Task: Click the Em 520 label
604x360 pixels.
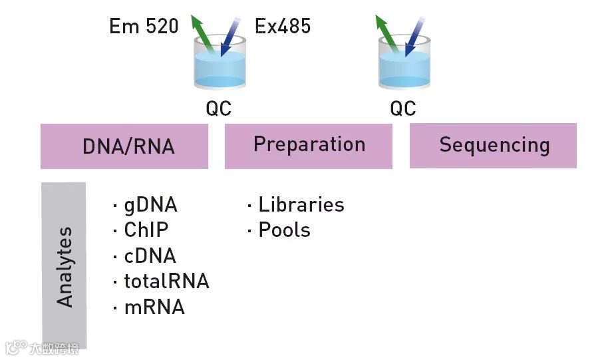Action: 144,27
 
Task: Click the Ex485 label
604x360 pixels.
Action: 283,27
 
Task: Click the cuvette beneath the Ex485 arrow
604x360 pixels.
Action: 220,67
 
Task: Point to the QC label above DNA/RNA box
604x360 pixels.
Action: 218,108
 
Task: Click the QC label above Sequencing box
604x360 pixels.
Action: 403,108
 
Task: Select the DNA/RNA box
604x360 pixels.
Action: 124,146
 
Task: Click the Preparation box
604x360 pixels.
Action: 309,146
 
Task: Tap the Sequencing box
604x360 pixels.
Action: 493,146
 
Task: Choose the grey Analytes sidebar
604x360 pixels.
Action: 64,266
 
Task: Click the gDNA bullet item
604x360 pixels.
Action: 150,205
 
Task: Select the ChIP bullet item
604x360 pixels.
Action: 146,230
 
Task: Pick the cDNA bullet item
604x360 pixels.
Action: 150,256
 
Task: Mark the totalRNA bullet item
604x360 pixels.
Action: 166,281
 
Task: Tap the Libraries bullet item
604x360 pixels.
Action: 301,205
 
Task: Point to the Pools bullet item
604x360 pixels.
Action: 283,230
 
